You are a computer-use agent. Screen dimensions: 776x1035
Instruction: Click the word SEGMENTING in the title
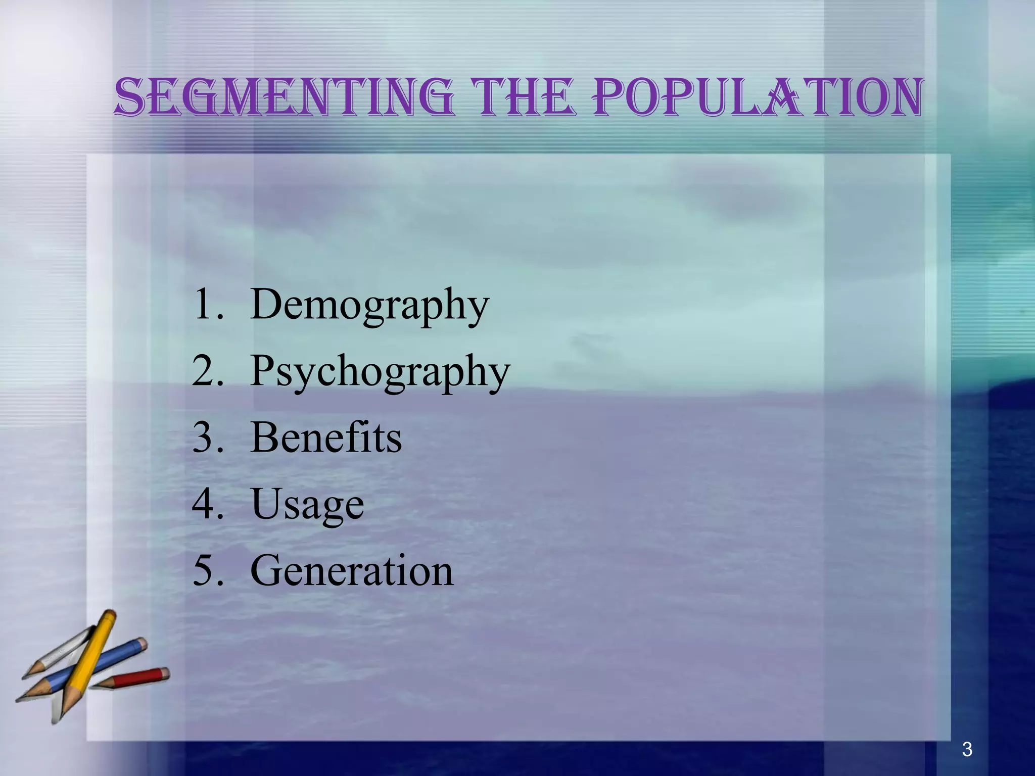[284, 97]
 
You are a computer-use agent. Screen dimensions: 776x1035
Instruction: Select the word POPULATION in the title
[758, 97]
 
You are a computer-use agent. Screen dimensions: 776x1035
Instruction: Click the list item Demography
[369, 305]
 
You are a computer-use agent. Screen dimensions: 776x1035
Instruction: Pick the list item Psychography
[380, 371]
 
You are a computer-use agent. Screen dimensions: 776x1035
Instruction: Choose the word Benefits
[326, 438]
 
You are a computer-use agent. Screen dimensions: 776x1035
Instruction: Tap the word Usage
[307, 504]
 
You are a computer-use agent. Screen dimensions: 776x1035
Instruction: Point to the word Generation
[352, 571]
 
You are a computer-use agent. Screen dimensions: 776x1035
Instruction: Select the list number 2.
[206, 371]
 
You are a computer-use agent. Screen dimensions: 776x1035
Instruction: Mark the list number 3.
[206, 438]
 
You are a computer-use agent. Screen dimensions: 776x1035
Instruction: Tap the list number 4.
[206, 504]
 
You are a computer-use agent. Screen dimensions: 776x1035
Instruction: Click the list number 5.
[206, 571]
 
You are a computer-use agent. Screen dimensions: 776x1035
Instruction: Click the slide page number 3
[967, 749]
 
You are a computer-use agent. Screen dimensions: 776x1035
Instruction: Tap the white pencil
[61, 652]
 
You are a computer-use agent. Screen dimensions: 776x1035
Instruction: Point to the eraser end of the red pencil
[164, 673]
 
